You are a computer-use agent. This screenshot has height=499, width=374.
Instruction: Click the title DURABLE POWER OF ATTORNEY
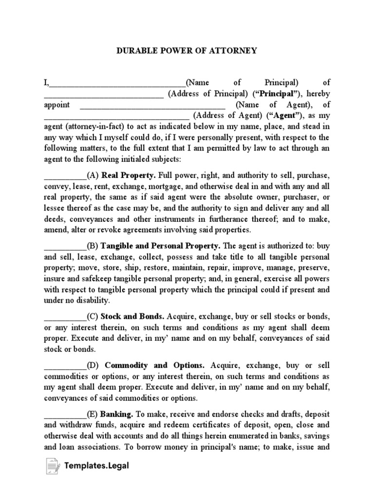pos(187,51)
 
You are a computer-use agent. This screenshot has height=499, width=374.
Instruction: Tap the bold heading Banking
pos(117,415)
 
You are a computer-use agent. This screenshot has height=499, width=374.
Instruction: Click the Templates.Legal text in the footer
pos(96,466)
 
